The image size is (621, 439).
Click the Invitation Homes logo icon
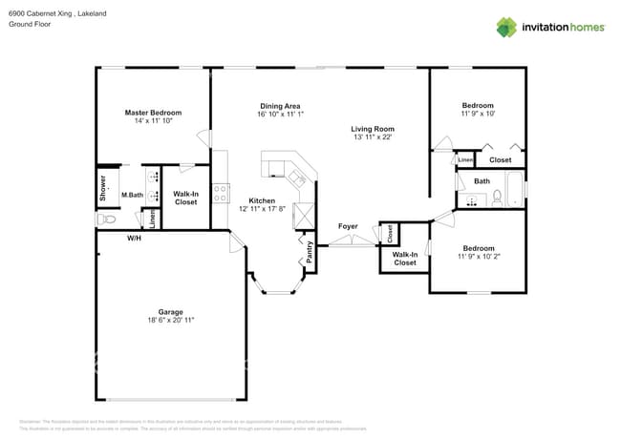click(506, 27)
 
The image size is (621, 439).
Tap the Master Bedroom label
click(153, 113)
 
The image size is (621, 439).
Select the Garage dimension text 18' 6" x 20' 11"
click(163, 321)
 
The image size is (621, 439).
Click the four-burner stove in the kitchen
click(220, 194)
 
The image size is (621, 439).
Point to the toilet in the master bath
click(107, 219)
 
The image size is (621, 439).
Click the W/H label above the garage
click(135, 238)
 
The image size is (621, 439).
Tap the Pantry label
click(310, 251)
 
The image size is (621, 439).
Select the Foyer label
click(348, 226)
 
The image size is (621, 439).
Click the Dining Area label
click(280, 106)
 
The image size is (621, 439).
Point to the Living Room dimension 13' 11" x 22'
click(373, 137)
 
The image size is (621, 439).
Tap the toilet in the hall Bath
click(497, 199)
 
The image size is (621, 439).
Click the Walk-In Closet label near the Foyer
click(405, 258)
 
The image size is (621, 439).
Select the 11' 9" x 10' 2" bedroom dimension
click(478, 257)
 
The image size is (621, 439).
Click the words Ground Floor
click(29, 25)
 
